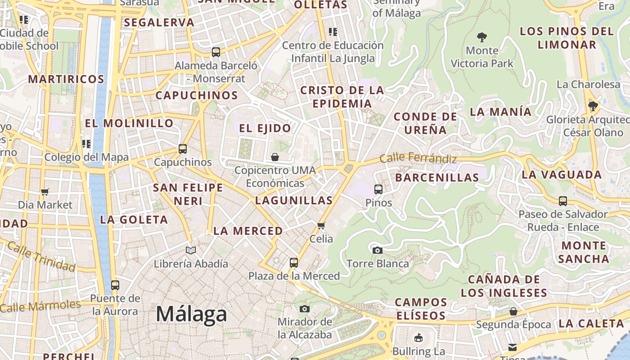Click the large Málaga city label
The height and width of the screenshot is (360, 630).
click(x=191, y=314)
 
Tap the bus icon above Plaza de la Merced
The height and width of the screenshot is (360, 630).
click(x=294, y=262)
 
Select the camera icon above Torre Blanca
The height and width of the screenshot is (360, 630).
click(x=377, y=250)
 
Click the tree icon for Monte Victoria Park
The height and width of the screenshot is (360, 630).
click(x=482, y=37)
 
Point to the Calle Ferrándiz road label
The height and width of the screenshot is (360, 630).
click(x=418, y=158)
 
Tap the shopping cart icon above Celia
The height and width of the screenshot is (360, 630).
click(x=321, y=225)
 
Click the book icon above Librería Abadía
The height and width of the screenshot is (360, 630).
click(x=191, y=250)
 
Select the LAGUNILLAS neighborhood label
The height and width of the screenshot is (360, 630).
click(x=294, y=200)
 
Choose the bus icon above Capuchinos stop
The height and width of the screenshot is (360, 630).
click(x=182, y=149)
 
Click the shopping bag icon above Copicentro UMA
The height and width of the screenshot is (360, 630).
click(x=275, y=157)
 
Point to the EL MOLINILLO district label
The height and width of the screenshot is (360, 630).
click(x=129, y=123)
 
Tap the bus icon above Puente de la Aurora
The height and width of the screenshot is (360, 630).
click(x=115, y=285)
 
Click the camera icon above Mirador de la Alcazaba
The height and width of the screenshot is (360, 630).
click(x=305, y=309)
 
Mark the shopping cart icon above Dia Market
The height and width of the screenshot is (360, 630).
click(x=45, y=192)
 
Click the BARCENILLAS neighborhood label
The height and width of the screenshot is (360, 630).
click(x=437, y=177)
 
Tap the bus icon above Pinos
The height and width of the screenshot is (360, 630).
click(x=378, y=189)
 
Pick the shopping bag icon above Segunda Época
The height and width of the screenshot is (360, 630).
click(x=513, y=311)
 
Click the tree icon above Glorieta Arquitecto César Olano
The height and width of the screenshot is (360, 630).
click(x=593, y=106)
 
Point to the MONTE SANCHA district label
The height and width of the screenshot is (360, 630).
click(x=584, y=252)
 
